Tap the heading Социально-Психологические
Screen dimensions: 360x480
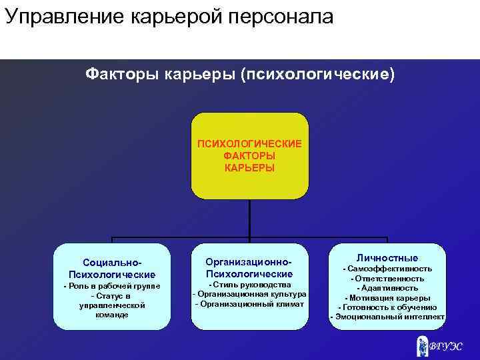pyautogui.click(x=111, y=269)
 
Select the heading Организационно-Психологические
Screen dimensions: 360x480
pyautogui.click(x=249, y=269)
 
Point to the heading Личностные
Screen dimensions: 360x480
pyautogui.click(x=387, y=258)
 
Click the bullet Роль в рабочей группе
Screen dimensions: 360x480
pyautogui.click(x=111, y=286)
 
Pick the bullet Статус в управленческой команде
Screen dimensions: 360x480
pyautogui.click(x=111, y=305)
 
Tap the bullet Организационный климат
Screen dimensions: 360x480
pyautogui.click(x=249, y=304)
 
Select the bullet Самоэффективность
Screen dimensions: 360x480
pyautogui.click(x=387, y=269)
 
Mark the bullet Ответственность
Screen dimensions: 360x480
pyautogui.click(x=387, y=279)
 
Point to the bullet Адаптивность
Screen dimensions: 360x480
pyautogui.click(x=387, y=288)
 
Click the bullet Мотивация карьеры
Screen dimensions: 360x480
pyautogui.click(x=387, y=298)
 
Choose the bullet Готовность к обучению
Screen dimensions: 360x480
pyautogui.click(x=387, y=307)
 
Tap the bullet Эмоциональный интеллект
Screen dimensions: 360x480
pyautogui.click(x=387, y=317)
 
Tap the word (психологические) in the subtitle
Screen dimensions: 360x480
pyautogui.click(x=317, y=73)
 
